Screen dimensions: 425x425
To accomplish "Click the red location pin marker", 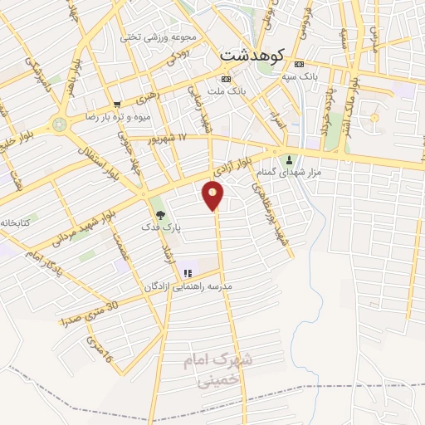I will (213, 195).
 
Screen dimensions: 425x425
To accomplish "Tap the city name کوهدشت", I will (252, 54).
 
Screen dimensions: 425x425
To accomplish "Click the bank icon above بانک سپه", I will (300, 65).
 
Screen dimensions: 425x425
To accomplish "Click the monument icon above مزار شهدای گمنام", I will (290, 160).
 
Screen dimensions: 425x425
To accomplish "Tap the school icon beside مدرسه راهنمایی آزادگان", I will (188, 271).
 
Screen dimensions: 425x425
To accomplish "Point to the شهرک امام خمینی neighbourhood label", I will (217, 372).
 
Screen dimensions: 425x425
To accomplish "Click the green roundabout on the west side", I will (58, 125).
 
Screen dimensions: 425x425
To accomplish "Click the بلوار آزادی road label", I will (232, 164).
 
